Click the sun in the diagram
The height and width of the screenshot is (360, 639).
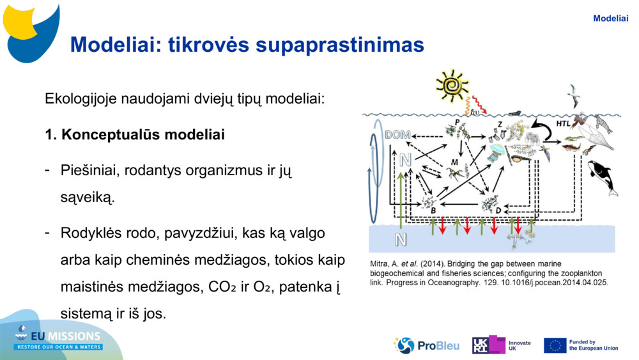[x=452, y=86]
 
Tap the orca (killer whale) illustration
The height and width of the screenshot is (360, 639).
[x=603, y=177]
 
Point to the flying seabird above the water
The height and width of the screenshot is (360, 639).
[x=573, y=95]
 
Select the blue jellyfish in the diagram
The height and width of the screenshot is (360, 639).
[x=496, y=152]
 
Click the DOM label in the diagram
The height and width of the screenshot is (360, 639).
[x=397, y=134]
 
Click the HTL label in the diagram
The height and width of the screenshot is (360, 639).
[x=563, y=123]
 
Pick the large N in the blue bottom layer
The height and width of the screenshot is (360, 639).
[x=401, y=239]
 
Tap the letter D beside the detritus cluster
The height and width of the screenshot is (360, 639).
[x=498, y=210]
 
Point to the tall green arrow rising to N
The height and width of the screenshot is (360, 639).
[x=401, y=200]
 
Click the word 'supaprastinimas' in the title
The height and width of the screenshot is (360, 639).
[x=340, y=44]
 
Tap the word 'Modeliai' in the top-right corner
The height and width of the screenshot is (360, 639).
[x=610, y=19]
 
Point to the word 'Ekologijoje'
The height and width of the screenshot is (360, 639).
[x=81, y=98]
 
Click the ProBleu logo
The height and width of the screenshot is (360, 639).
[x=426, y=345]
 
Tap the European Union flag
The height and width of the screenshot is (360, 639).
[x=555, y=346]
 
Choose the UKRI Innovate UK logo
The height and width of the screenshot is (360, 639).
[x=501, y=345]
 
